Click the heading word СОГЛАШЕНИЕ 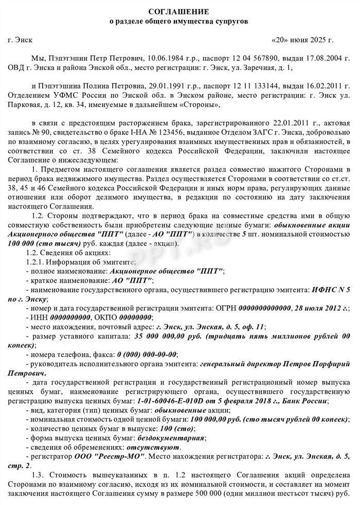tap(179, 11)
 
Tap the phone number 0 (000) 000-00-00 tap(147, 354)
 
